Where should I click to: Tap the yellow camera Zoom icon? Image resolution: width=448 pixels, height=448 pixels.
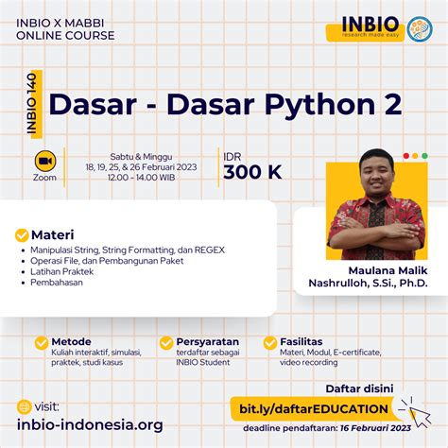(x=43, y=160)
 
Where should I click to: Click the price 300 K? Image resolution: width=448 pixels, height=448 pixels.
(x=252, y=172)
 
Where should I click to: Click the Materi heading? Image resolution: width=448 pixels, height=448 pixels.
(x=53, y=234)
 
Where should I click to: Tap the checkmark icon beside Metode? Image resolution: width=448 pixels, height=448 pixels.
(x=41, y=342)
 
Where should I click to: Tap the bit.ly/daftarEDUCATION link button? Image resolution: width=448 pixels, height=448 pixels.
(x=311, y=408)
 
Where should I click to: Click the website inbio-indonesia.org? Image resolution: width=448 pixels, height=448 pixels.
(x=90, y=425)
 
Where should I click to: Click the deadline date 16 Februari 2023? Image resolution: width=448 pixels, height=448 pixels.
(x=384, y=428)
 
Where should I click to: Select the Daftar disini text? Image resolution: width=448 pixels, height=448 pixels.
(x=360, y=388)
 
